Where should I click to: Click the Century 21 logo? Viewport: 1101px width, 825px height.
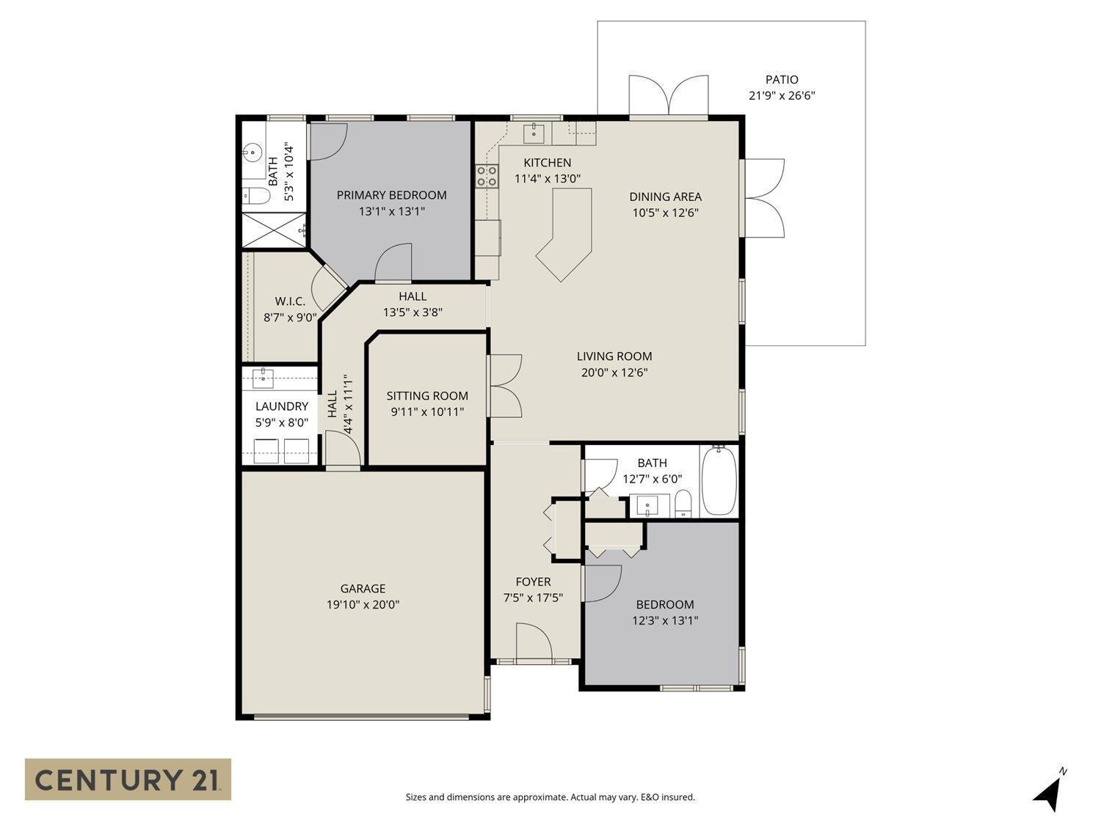128,779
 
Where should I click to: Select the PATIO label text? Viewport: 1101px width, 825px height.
782,79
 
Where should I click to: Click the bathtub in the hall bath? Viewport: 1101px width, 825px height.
719,481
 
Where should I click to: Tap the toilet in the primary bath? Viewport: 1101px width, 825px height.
253,196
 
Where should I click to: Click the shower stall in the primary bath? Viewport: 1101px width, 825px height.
274,230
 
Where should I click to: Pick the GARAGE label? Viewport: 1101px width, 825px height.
363,588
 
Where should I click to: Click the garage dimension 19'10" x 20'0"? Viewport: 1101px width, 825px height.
363,605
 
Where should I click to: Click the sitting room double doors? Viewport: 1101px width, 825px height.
504,386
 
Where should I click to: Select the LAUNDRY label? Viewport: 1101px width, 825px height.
281,406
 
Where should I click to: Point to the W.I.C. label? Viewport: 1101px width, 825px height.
290,301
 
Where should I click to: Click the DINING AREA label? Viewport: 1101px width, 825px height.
665,197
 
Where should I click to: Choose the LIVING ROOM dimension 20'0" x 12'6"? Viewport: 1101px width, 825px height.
614,373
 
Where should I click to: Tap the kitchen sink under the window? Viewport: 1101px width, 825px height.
534,133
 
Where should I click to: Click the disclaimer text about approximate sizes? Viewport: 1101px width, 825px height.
550,797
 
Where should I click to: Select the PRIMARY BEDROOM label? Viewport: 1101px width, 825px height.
391,195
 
